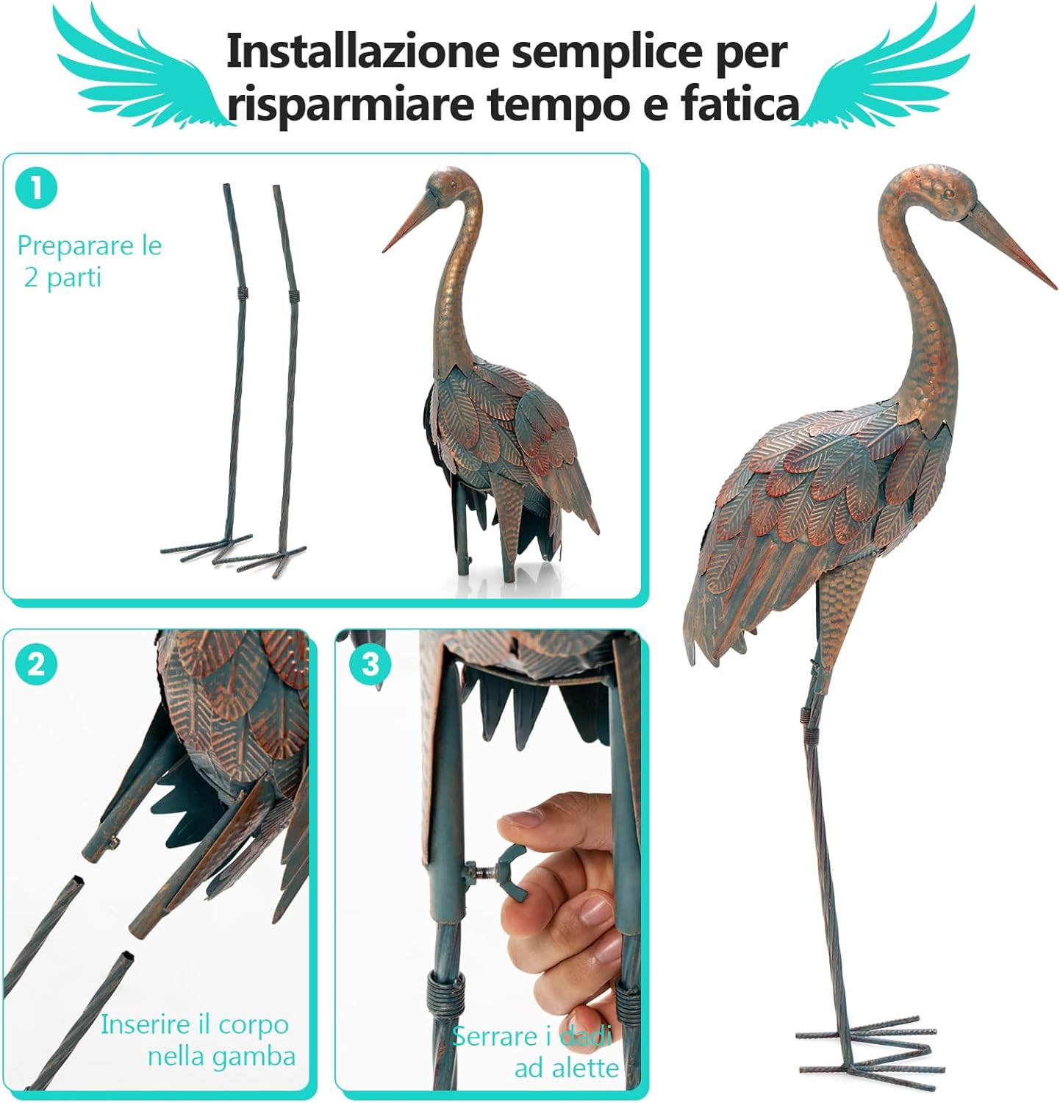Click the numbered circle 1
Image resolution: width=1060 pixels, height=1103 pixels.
(x=36, y=188)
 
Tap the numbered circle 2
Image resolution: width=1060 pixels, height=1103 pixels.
(x=36, y=665)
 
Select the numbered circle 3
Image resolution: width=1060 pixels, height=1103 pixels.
(x=370, y=665)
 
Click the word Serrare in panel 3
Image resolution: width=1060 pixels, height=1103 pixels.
(x=495, y=1036)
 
